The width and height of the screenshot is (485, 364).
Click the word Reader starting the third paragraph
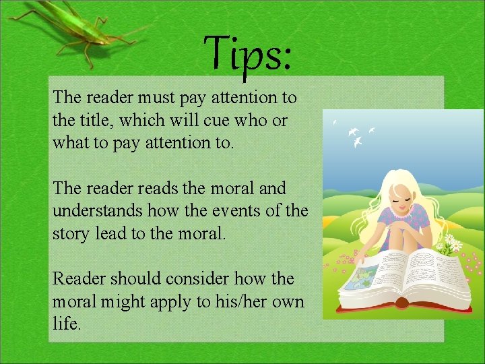(79, 278)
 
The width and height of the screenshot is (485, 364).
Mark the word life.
(66, 324)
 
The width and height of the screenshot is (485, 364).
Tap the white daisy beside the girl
(453, 243)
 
